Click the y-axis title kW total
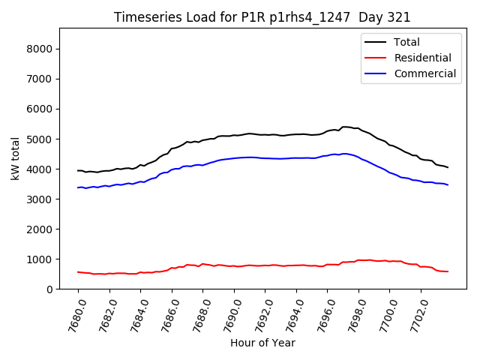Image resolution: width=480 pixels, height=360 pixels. click(15, 158)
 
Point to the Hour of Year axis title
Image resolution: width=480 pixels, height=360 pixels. click(262, 343)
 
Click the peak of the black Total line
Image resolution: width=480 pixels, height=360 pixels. click(344, 127)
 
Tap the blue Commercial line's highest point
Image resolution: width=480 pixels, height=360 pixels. click(344, 154)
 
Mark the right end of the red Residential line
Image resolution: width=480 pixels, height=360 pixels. click(448, 271)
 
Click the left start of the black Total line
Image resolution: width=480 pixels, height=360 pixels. click(78, 170)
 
